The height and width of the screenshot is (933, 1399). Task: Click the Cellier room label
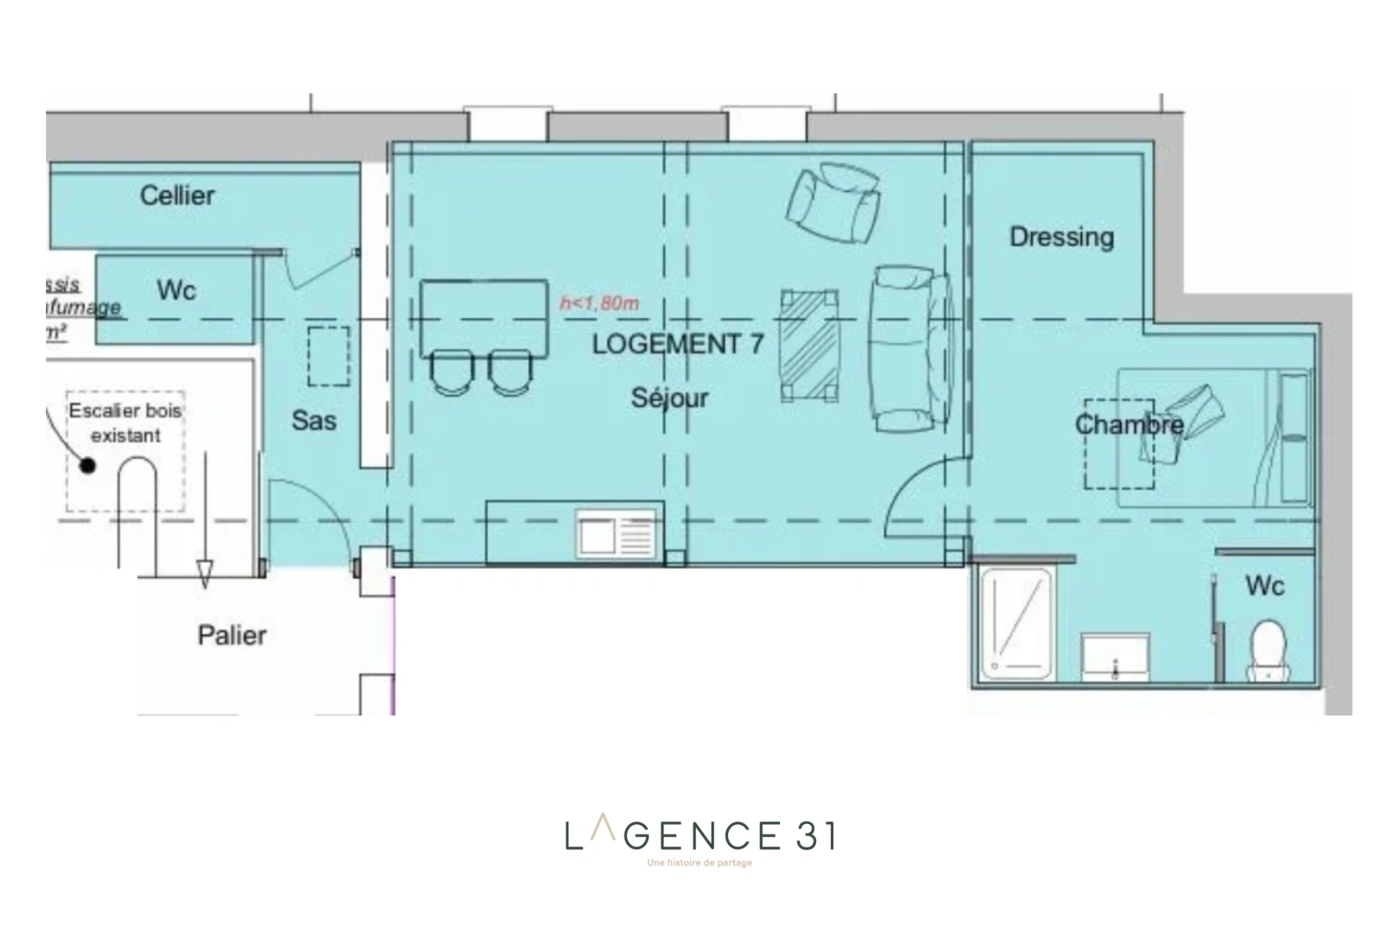(177, 195)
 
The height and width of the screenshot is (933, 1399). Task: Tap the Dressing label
(1061, 237)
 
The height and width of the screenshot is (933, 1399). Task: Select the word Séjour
(669, 398)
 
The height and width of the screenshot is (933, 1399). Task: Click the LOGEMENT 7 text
(677, 344)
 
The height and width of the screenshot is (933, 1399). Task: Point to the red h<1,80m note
(599, 303)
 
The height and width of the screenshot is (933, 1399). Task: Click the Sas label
(313, 421)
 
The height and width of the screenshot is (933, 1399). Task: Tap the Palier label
(231, 636)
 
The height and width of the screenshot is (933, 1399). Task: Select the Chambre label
(1129, 425)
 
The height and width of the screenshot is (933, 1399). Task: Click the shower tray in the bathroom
(1017, 622)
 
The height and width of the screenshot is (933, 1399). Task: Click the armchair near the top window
(833, 205)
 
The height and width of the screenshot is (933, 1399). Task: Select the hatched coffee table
(809, 346)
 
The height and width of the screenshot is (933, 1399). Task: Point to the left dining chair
(452, 371)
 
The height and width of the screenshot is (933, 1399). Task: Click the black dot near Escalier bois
(87, 466)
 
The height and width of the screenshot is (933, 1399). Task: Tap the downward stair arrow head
(205, 573)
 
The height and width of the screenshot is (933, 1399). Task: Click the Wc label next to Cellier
(176, 290)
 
